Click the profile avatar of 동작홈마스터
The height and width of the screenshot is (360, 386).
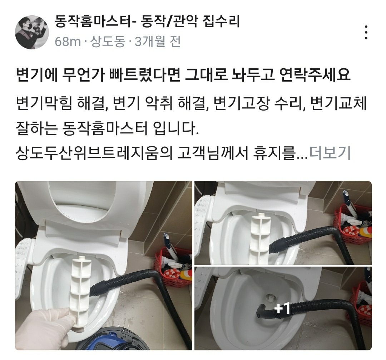click(x=32, y=32)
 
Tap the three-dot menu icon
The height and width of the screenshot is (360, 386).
click(x=366, y=32)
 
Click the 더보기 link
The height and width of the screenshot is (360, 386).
click(x=330, y=153)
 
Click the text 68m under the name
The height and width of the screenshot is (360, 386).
click(x=68, y=42)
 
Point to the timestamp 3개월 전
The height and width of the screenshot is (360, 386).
click(x=158, y=42)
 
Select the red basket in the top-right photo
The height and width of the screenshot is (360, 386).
click(x=352, y=224)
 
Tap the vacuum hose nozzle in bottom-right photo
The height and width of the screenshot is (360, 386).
click(x=261, y=311)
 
